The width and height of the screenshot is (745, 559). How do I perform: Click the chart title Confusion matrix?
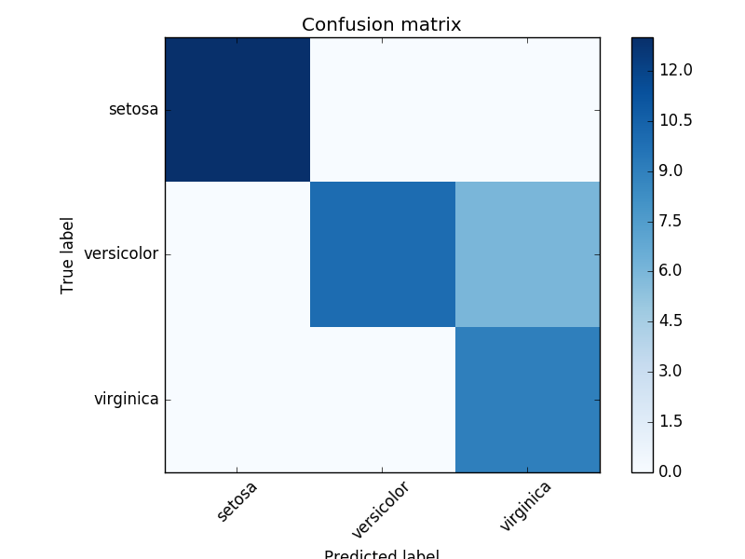click(x=382, y=25)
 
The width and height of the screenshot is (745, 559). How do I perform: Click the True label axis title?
click(x=68, y=255)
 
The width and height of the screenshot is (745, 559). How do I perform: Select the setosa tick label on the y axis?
click(x=133, y=110)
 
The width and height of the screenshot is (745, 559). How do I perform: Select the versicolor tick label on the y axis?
click(x=121, y=254)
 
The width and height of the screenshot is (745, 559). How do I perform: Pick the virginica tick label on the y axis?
click(x=126, y=400)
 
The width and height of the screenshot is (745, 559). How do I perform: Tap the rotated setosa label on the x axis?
click(x=237, y=501)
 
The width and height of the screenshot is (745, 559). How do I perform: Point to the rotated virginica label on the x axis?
click(x=525, y=506)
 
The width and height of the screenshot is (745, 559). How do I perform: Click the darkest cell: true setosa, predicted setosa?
click(x=237, y=110)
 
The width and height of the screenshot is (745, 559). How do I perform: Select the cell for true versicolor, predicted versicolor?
click(x=382, y=254)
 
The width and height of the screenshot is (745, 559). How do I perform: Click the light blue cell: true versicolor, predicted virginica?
click(x=527, y=254)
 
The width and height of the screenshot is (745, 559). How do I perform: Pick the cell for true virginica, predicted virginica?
click(x=527, y=400)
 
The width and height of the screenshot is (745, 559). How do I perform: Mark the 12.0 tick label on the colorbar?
click(x=675, y=71)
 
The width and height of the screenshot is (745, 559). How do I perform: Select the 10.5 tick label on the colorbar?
click(x=675, y=121)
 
